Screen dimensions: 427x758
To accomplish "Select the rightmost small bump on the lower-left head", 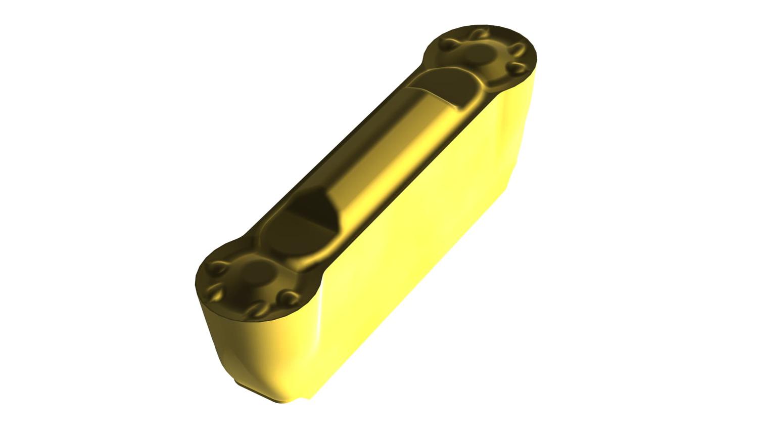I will click(x=288, y=295).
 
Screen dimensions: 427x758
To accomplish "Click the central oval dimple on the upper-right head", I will click(x=478, y=53).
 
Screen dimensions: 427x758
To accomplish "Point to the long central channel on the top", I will click(x=384, y=147).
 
